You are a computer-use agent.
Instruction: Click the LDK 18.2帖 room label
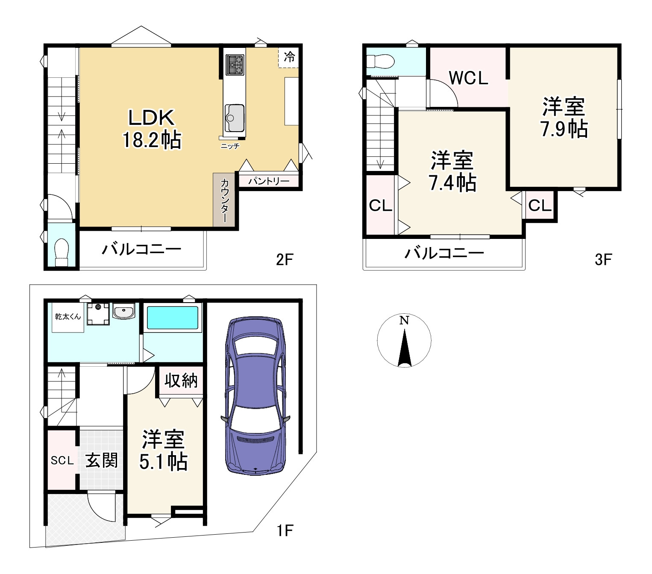[x=152, y=129]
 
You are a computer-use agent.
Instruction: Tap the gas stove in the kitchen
[x=235, y=65]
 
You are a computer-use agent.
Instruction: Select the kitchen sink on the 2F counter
[x=235, y=118]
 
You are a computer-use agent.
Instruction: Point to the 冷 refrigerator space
[x=289, y=57]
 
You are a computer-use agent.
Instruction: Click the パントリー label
[x=269, y=181]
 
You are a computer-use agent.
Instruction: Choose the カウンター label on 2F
[x=225, y=200]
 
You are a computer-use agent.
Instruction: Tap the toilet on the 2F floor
[x=62, y=252]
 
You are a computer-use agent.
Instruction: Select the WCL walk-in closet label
[x=468, y=78]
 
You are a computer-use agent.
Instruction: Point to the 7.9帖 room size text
[x=564, y=129]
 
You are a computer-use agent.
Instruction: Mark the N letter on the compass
[x=404, y=321]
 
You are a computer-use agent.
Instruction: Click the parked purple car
[x=255, y=396]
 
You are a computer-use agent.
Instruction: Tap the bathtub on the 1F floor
[x=173, y=318]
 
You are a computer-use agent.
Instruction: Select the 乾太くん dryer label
[x=68, y=317]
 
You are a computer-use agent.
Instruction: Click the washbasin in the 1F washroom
[x=123, y=311]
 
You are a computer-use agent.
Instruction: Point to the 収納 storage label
[x=181, y=380]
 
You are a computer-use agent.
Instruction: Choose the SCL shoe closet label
[x=62, y=460]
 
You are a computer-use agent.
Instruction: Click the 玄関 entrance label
[x=101, y=460]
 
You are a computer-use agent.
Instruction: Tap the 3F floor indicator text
[x=603, y=260]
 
